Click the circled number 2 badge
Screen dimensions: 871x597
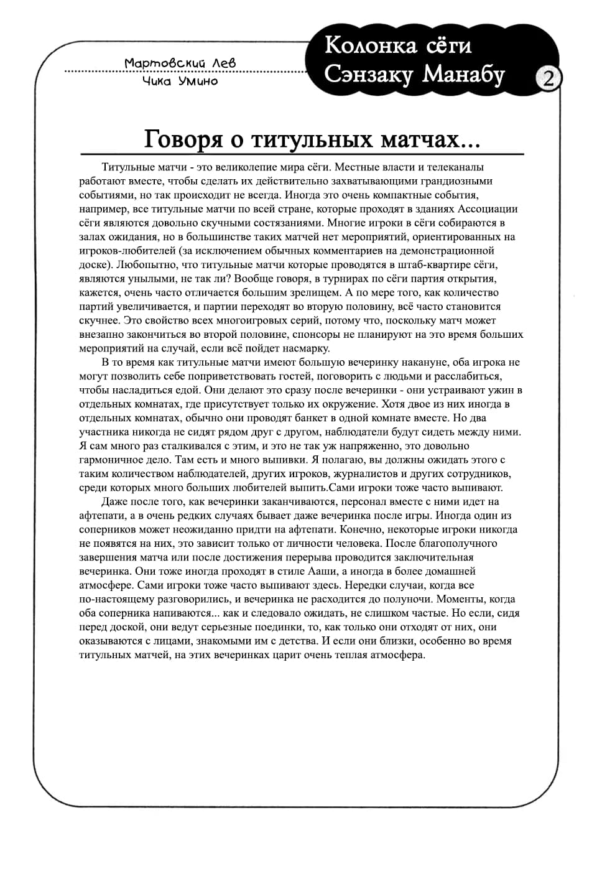(548, 78)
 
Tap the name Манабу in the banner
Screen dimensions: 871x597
(463, 75)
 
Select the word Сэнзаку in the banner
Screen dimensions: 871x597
(368, 75)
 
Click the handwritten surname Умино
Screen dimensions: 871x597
(197, 81)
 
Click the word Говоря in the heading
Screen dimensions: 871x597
(183, 139)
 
